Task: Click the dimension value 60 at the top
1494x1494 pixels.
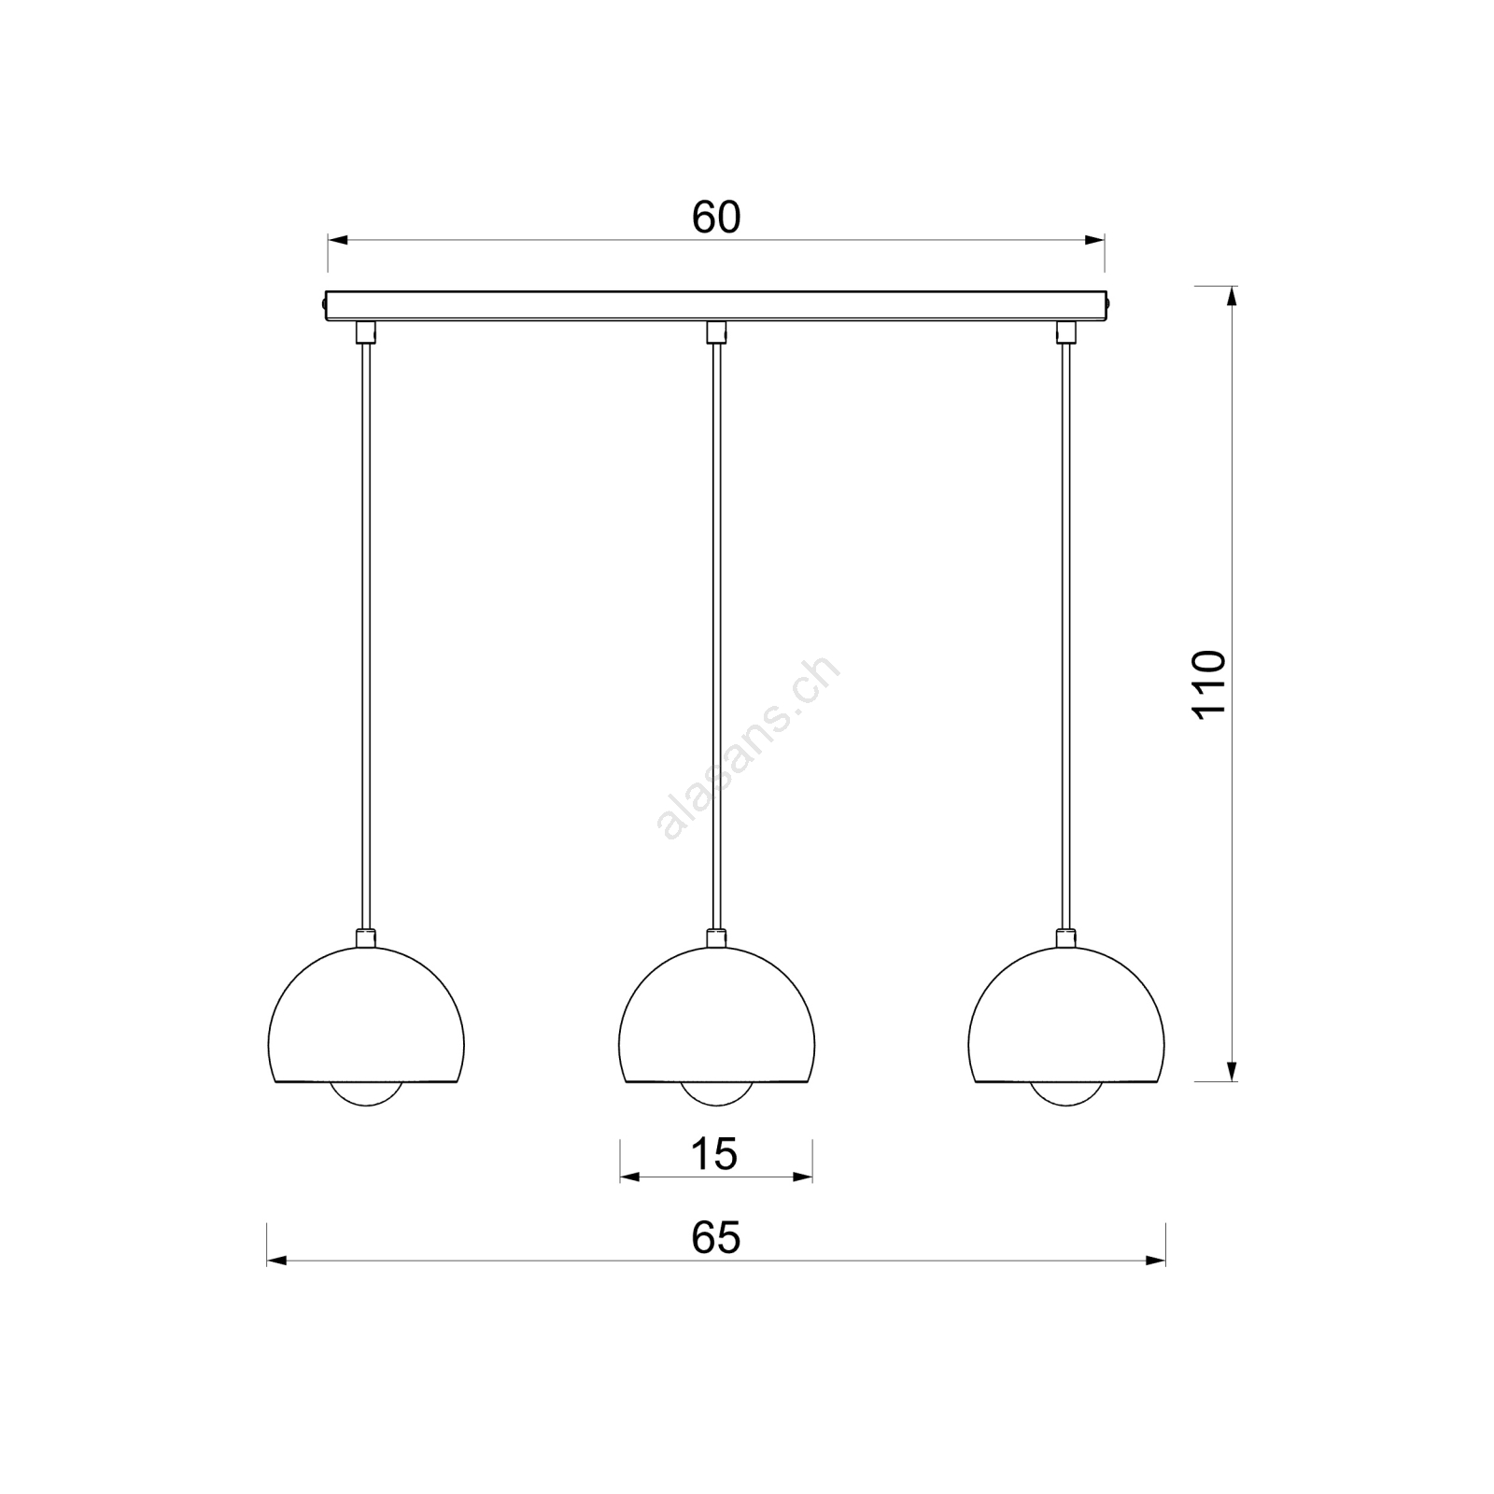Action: (x=716, y=218)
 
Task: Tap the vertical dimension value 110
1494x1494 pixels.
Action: (x=1209, y=684)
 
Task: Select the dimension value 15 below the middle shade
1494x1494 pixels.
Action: (x=714, y=1154)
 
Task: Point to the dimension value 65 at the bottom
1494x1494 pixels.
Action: (x=716, y=1237)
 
